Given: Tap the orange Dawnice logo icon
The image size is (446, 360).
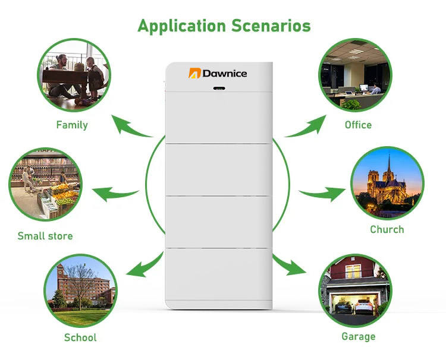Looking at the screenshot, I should click(x=194, y=73).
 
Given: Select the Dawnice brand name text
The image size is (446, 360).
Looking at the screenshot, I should click(x=225, y=73).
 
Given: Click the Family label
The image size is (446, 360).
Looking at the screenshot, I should click(x=72, y=125).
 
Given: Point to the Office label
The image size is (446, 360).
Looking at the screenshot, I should click(x=358, y=125).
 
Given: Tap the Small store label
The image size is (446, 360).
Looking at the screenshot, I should click(x=45, y=236).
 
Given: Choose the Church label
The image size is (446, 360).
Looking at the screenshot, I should click(x=387, y=229).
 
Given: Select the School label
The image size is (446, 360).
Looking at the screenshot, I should click(x=80, y=337).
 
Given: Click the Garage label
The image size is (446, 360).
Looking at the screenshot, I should click(x=358, y=337).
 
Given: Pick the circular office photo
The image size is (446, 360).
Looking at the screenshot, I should click(x=355, y=74).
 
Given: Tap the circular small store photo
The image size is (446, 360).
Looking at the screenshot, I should click(x=45, y=185).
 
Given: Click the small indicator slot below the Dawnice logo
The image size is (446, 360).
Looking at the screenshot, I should click(x=219, y=89).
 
